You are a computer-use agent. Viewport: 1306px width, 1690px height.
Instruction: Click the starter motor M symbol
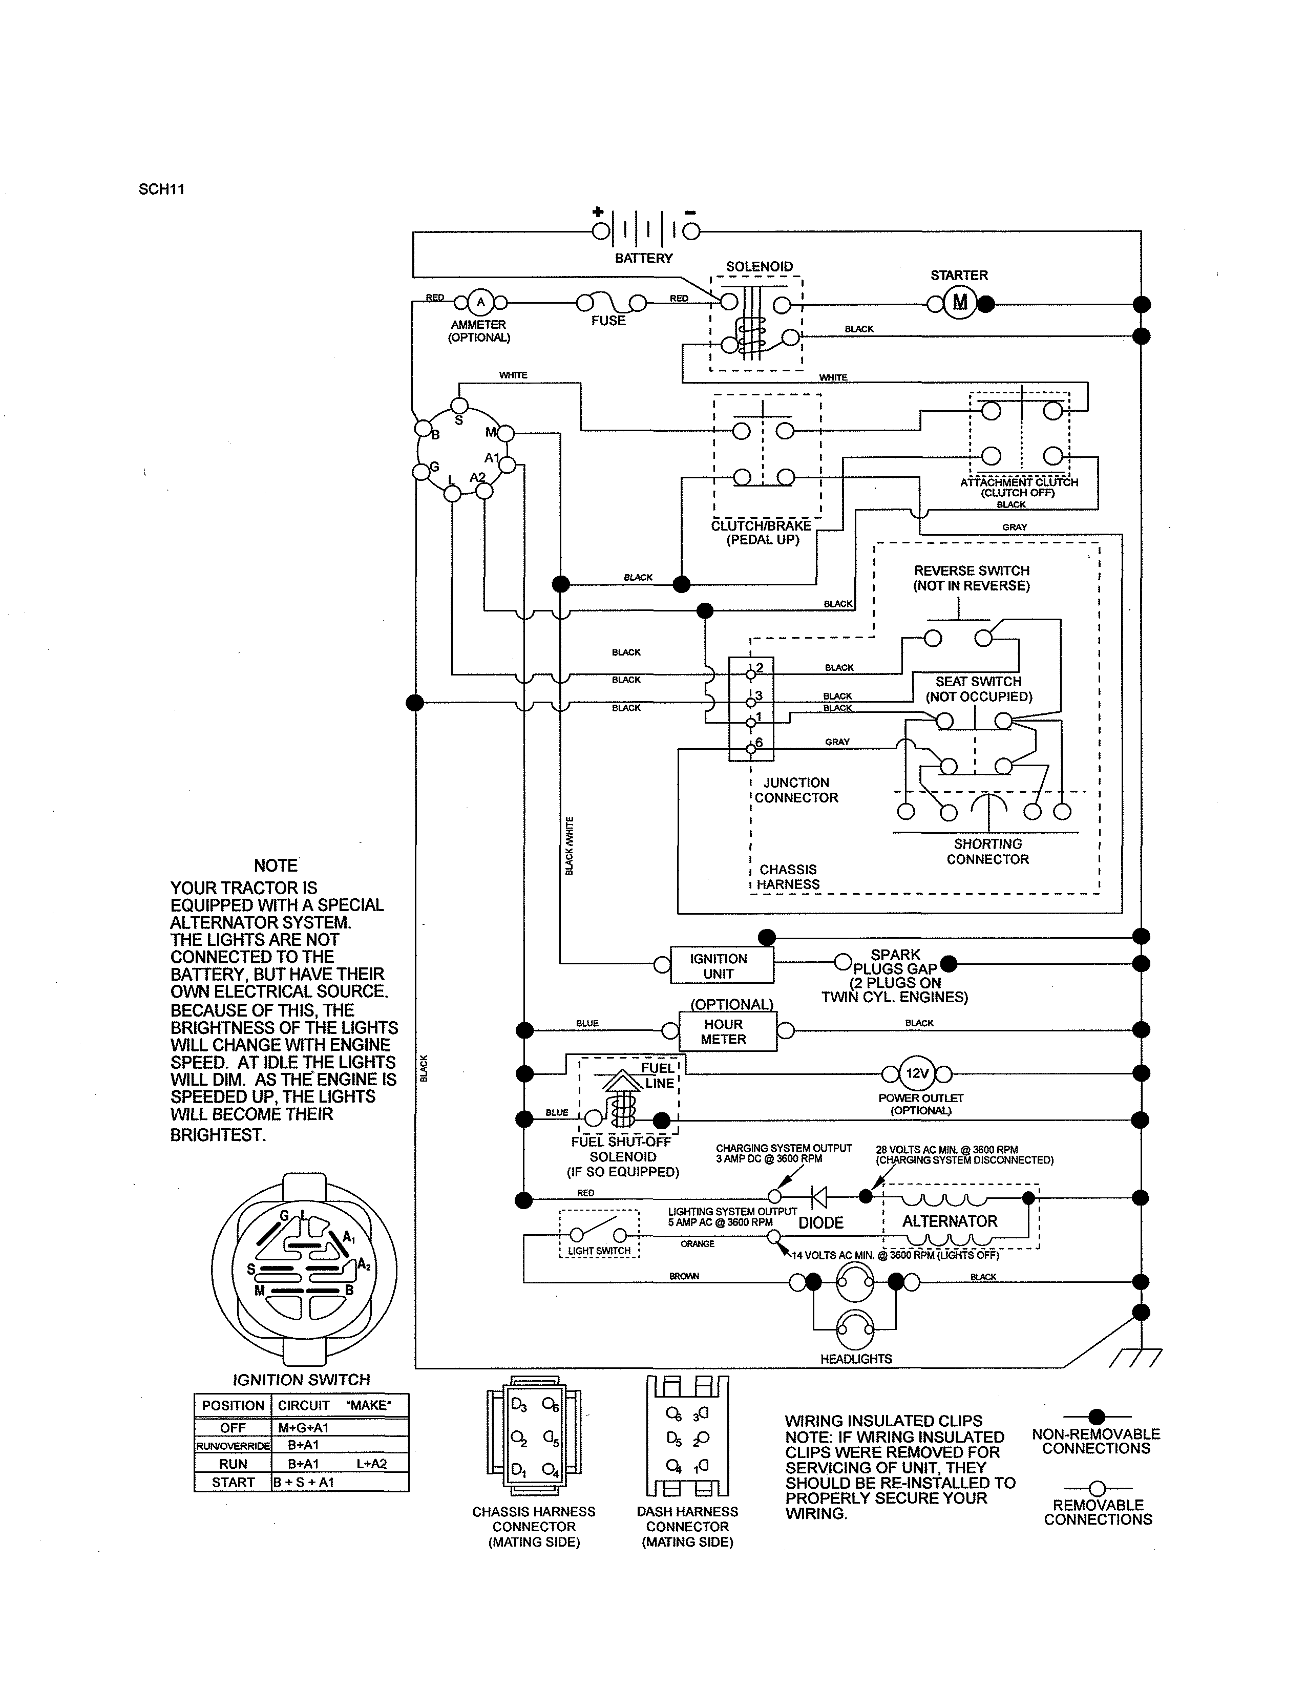tap(959, 303)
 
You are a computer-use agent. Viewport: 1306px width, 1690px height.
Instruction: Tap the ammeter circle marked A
tap(480, 303)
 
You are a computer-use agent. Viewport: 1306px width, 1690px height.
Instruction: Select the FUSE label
tap(608, 321)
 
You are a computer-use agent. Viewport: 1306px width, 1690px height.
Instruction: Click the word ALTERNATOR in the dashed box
tap(950, 1221)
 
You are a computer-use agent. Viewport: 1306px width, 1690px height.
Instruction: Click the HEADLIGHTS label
tap(856, 1359)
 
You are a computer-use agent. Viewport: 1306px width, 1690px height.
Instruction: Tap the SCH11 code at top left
tap(162, 189)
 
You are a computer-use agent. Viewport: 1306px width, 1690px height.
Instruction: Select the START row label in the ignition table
tap(233, 1483)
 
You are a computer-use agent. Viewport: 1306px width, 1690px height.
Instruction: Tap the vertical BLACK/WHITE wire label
tap(570, 846)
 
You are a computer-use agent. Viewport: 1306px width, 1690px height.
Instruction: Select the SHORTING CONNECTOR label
tap(987, 851)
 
